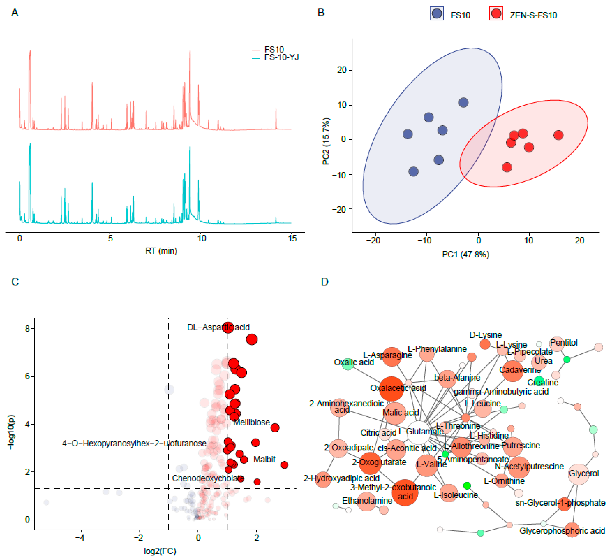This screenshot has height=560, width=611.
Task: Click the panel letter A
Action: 15,13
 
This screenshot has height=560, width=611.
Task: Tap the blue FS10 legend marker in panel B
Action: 437,14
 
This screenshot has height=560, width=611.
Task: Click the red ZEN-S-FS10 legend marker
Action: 496,14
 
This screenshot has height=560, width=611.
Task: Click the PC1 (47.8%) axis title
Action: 466,254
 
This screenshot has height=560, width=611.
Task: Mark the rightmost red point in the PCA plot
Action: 558,135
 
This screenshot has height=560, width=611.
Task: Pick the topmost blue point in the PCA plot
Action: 463,103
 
